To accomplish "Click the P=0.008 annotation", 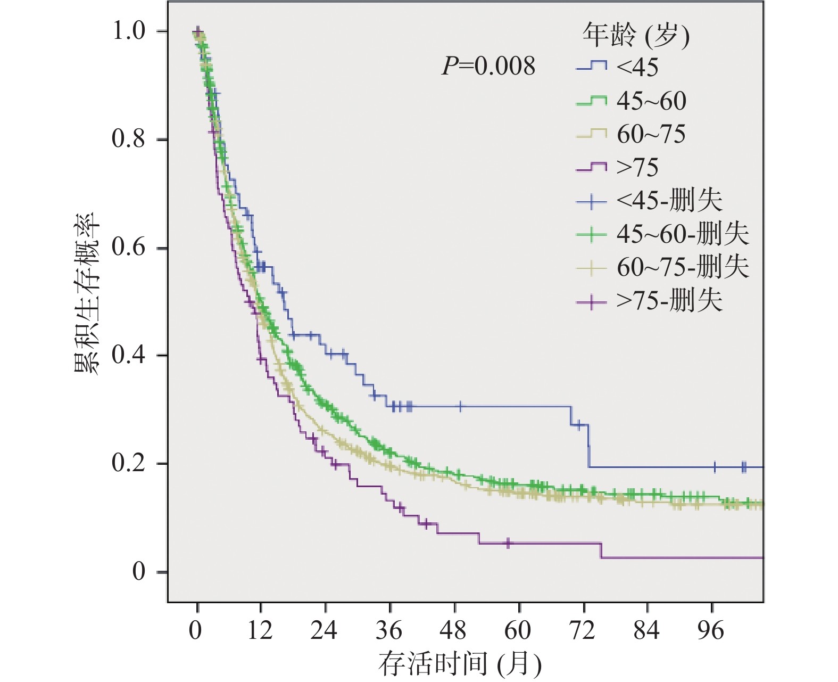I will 488,67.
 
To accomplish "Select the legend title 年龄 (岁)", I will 635,36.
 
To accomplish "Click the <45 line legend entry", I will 617,67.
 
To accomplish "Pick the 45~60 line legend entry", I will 631,101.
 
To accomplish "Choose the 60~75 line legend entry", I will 631,134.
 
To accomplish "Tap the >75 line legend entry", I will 617,168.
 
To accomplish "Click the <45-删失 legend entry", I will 649,201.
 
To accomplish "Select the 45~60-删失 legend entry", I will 662,234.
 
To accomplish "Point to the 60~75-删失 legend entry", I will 662,267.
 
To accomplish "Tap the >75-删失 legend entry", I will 649,301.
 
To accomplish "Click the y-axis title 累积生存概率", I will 86,293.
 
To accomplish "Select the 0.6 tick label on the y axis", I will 128,248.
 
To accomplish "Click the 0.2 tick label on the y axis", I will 128,463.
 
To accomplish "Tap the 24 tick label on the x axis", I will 324,631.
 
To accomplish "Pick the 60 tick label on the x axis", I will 518,631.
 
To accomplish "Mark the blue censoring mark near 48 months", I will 461,407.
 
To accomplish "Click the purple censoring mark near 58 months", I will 508,543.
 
